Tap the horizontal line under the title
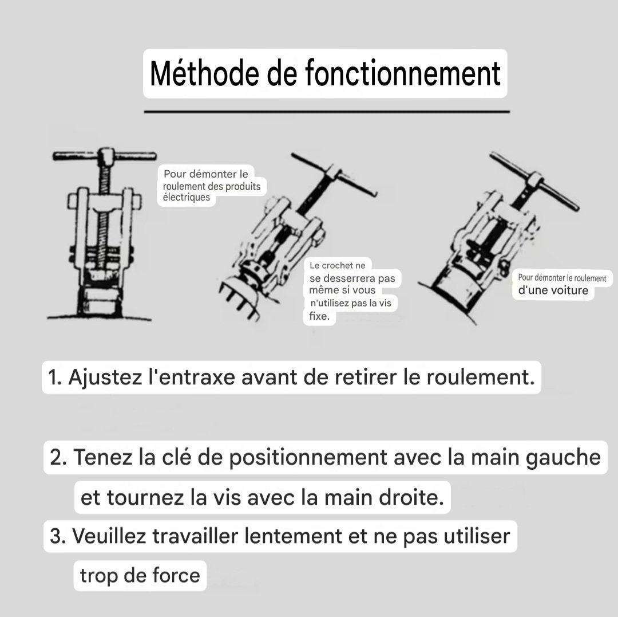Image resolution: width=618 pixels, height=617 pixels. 327,112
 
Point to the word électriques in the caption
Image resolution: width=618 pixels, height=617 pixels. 186,197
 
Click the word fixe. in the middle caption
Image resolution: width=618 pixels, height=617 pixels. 319,316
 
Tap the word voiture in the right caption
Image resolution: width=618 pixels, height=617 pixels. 569,290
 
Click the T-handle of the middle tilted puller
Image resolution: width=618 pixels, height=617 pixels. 334,174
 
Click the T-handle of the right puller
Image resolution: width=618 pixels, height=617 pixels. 534,180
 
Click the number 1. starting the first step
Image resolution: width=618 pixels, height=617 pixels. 55,377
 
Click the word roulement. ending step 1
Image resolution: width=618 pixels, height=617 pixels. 481,377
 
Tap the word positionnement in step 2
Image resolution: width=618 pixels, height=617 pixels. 308,458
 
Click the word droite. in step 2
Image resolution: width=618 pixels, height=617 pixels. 411,497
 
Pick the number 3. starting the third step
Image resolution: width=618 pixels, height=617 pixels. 58,536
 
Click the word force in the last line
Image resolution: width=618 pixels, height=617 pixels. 176,575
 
